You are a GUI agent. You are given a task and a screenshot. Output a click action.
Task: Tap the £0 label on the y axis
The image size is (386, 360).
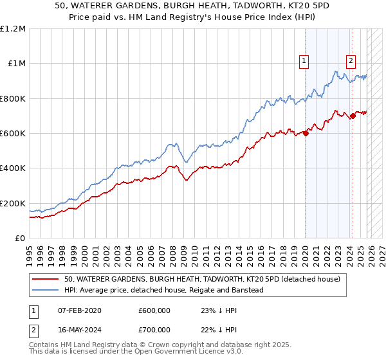(21, 238)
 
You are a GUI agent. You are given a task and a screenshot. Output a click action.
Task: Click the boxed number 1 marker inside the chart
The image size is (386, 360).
(304, 62)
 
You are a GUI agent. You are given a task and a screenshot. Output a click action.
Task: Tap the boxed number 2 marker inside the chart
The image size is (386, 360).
(351, 62)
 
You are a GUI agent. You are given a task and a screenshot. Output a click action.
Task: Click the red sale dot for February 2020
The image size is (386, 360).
(306, 134)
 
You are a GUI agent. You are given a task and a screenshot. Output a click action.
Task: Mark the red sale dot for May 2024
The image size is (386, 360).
(353, 116)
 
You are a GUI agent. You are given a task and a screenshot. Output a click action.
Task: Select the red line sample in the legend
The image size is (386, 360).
(45, 280)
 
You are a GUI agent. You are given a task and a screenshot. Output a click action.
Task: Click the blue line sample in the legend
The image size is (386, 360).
(45, 291)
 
